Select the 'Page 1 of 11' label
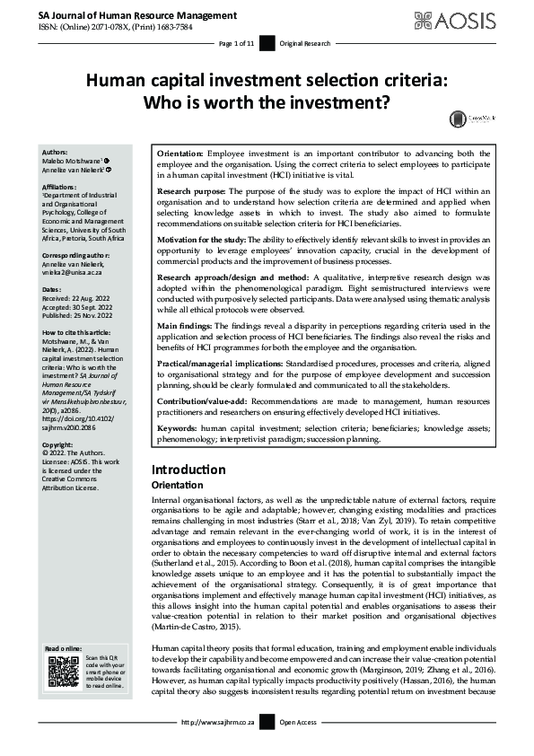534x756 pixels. coord(238,43)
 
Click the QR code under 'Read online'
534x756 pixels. coord(63,676)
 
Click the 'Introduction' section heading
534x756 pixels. coord(188,469)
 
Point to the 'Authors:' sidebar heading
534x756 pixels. coord(55,154)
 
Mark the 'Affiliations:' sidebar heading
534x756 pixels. coord(60,186)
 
